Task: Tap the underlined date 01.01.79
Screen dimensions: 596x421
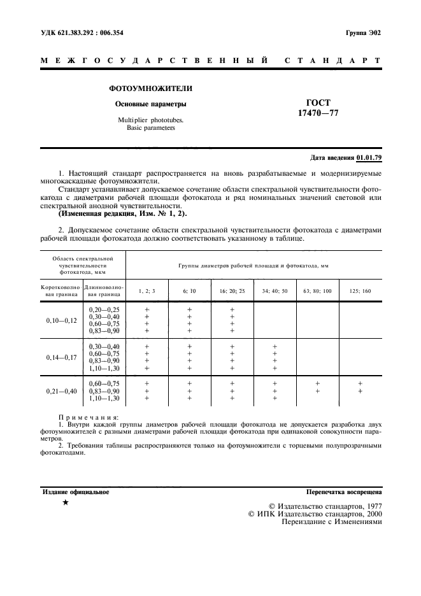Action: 369,157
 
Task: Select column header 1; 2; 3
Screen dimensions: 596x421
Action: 146,291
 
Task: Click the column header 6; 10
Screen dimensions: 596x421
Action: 189,291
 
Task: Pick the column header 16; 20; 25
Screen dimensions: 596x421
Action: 232,291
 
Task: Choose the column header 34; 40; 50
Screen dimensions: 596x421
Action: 275,291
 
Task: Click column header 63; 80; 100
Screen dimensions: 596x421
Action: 317,291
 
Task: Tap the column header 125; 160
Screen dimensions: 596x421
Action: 360,291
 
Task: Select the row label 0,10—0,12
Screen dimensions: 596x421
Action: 61,320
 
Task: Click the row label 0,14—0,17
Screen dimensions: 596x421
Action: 61,357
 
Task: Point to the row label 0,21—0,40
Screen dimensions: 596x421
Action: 61,390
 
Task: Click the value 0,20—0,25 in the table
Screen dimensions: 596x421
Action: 104,309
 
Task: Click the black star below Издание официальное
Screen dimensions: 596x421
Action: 66,503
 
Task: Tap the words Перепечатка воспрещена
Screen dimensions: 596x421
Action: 344,492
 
